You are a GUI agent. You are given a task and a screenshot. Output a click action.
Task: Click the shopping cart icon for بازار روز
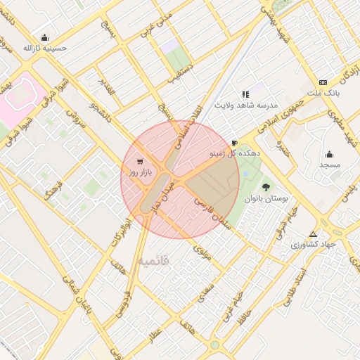139,161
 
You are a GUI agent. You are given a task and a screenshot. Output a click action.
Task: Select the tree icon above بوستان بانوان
266,186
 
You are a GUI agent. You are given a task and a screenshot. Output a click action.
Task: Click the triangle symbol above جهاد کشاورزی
313,233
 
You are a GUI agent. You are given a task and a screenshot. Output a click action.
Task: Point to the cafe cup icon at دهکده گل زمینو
234,142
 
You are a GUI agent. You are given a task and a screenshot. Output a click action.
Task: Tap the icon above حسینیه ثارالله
46,38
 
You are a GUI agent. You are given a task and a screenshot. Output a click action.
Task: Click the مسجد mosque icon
329,154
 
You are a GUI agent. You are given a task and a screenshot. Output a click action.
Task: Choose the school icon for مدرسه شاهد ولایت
245,94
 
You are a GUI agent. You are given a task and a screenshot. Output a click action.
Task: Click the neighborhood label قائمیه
153,262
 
